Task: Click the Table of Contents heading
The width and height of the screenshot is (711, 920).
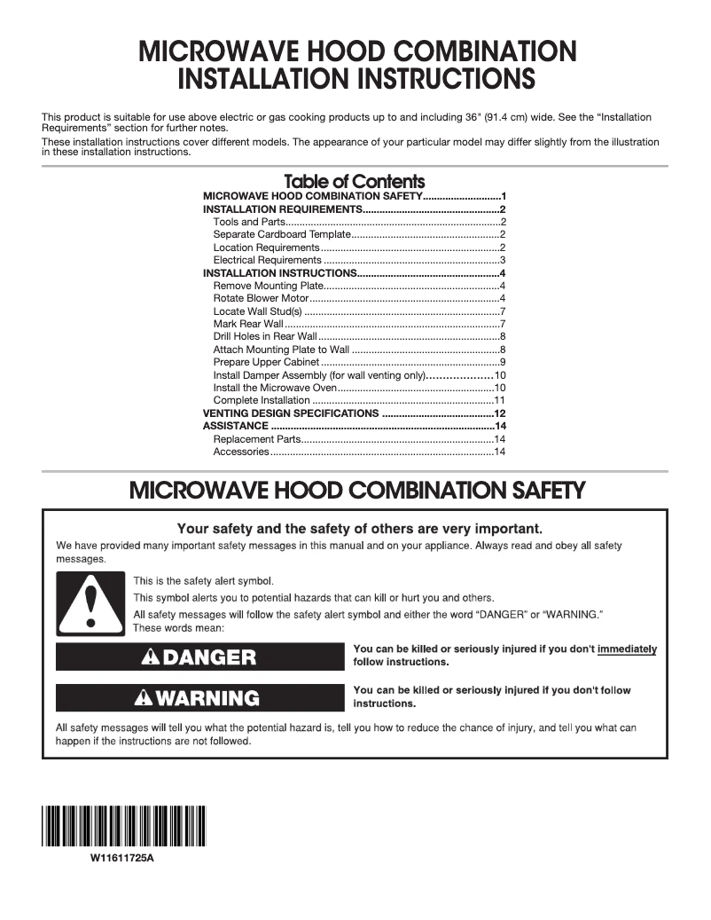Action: pos(354,182)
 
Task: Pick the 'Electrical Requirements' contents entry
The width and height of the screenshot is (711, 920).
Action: pos(267,260)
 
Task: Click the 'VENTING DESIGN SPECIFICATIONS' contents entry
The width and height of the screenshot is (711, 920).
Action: pos(291,413)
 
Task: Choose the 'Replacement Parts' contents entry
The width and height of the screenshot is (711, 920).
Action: pos(258,439)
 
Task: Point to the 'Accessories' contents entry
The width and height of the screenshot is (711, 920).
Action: pos(241,452)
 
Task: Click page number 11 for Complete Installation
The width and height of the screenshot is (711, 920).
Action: pos(499,401)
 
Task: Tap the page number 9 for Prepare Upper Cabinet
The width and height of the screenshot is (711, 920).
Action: pos(502,362)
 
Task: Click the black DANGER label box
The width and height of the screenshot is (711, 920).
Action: pos(199,657)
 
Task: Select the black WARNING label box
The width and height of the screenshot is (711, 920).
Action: pos(199,697)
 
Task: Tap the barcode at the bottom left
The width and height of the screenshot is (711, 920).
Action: pos(122,828)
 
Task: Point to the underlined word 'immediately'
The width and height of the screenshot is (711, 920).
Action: pos(627,649)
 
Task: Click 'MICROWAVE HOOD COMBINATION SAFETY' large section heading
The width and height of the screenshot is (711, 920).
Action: pos(356,490)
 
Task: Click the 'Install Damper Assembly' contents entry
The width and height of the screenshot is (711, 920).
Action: pos(319,375)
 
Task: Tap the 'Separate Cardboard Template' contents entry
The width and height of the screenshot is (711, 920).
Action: pos(282,234)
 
